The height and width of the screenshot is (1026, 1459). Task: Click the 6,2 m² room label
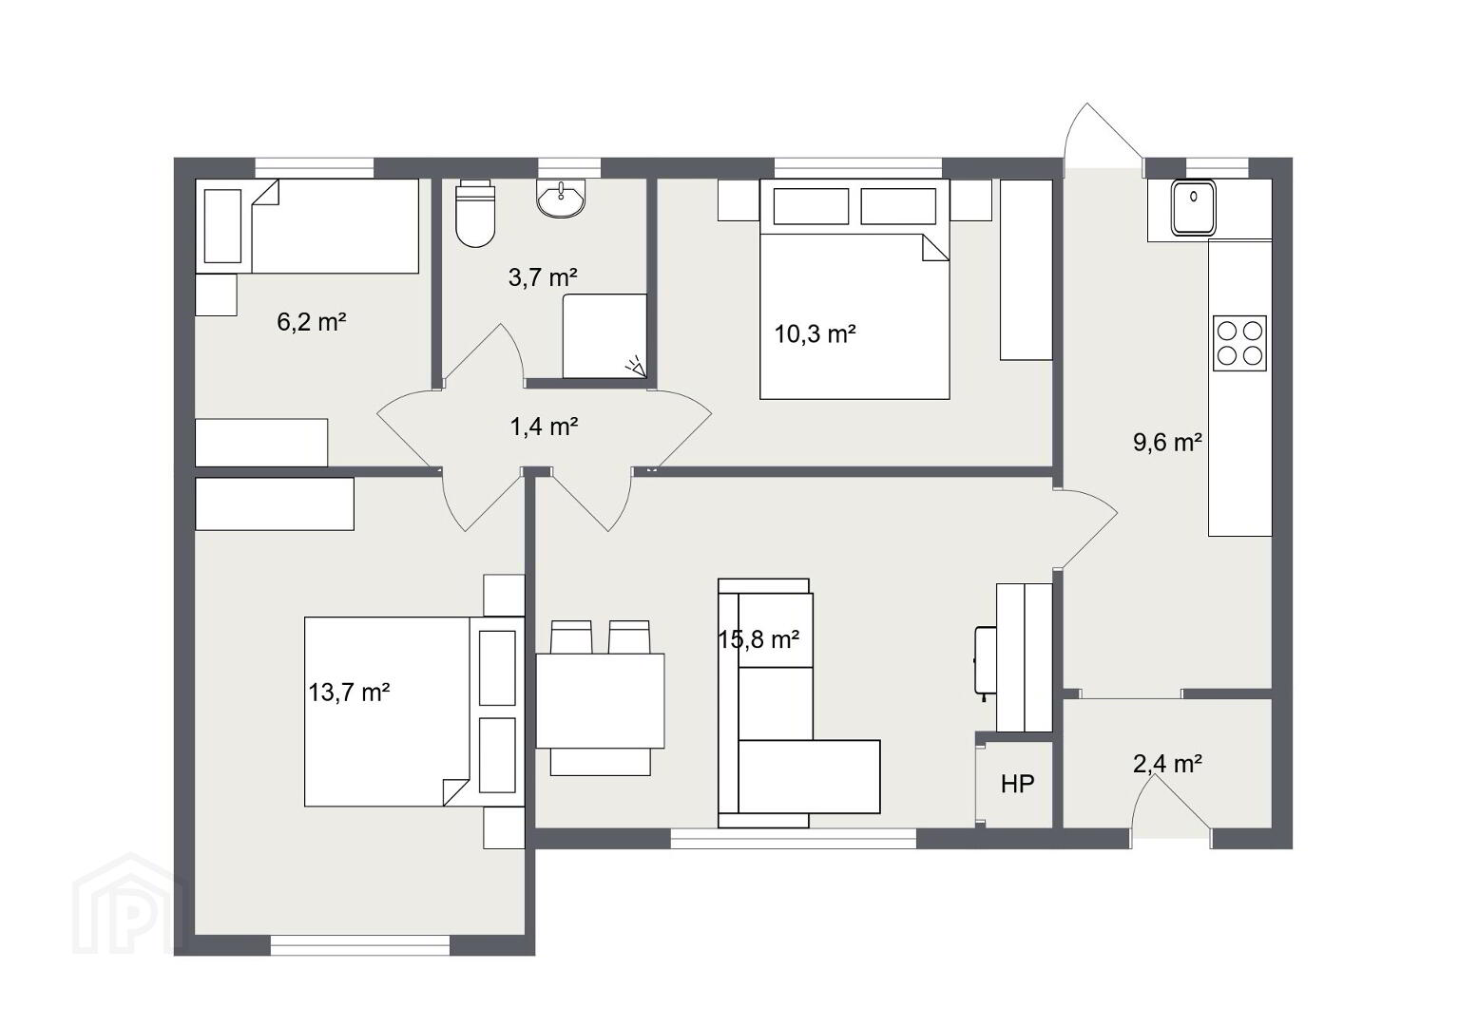312,322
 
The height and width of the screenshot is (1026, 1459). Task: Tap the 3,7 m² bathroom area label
543,277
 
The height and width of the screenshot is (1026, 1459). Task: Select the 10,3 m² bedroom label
815,334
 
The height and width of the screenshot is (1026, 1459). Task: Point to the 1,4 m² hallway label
544,427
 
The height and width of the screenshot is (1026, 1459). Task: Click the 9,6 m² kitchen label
1168,443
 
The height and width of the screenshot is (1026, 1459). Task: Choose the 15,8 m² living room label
758,640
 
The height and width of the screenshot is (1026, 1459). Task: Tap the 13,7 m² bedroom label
349,692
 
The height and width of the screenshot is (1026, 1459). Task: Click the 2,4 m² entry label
1168,764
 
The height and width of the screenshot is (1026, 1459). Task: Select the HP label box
1017,785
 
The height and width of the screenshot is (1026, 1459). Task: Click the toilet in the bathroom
475,213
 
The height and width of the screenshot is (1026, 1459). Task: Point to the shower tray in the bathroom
605,336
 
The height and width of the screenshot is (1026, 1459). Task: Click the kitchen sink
1193,207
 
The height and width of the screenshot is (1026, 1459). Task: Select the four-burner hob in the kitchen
1239,343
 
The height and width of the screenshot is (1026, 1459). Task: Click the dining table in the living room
600,700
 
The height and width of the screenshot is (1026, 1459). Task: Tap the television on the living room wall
984,660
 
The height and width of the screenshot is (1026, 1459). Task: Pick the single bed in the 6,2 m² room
307,226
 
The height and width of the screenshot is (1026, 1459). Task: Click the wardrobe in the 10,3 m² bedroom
1027,270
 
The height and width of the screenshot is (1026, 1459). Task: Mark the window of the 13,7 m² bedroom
360,945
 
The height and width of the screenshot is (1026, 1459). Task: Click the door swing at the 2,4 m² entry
1170,804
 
